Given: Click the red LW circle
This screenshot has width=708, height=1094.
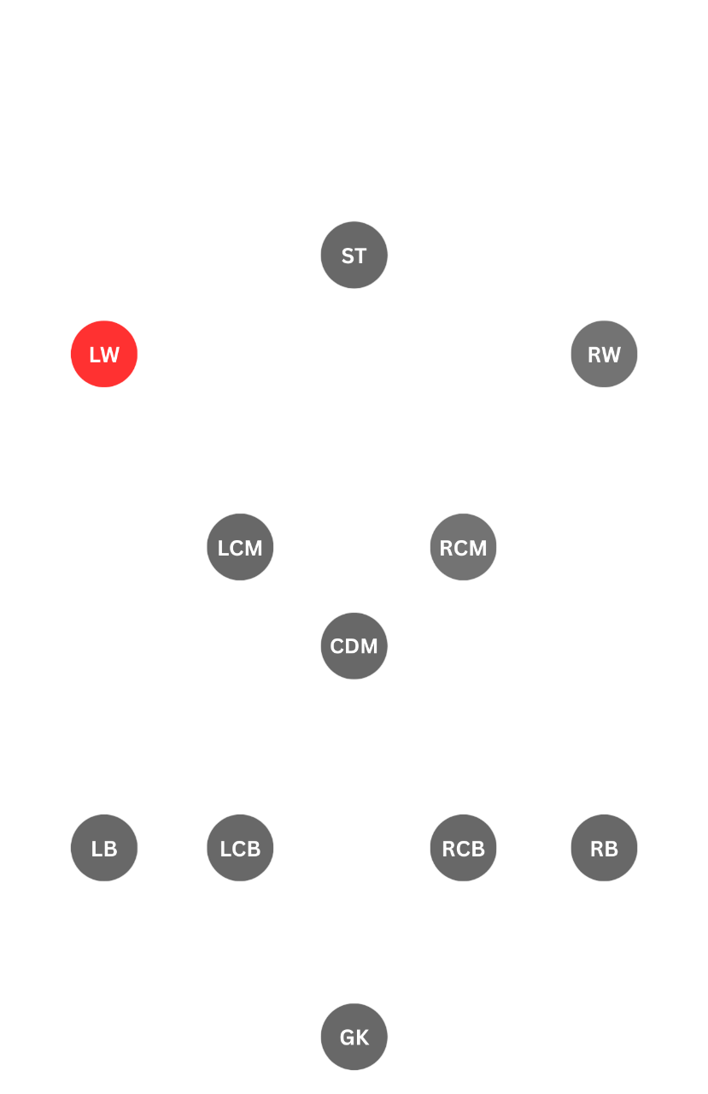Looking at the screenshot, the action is pos(104,354).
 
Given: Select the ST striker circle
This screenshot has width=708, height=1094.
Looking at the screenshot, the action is pos(354,255).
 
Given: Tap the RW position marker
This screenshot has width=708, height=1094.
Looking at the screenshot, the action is pos(604,354).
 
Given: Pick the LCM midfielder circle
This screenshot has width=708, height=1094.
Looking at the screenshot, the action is pos(240,547).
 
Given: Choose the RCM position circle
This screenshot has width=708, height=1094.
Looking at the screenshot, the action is pos(463,547).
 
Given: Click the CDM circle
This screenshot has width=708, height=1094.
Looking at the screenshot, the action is pos(354,646).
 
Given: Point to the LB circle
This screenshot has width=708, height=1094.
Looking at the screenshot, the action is pos(104,848).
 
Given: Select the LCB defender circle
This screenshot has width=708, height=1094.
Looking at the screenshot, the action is pos(240,848).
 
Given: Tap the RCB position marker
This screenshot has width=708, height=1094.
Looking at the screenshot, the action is pos(463,848).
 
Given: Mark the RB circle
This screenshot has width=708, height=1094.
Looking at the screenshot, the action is pos(604,848).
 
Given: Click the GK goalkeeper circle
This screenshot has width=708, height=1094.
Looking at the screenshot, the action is pos(354,1037).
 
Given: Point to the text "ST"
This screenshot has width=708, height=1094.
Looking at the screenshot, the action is pos(354,256).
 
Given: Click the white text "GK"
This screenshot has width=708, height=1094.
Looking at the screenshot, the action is pos(354,1038).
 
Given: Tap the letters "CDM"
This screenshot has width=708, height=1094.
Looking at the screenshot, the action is pos(354,647).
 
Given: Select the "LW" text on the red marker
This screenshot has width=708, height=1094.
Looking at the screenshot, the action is pos(104,355).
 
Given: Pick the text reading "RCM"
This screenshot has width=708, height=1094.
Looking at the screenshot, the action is pos(463,548).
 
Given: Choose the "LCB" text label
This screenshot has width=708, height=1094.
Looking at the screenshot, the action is pos(240,849).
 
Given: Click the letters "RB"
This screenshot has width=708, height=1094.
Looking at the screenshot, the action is pos(604,849).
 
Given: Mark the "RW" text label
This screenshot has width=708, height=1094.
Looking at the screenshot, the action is pos(604,355).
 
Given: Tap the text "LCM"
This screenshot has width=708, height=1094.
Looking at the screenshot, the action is pos(240,548).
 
